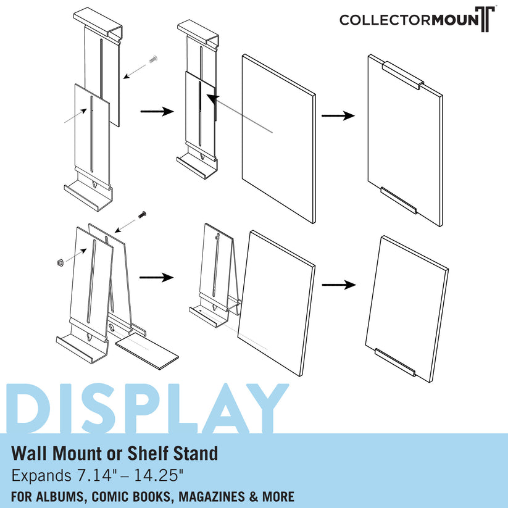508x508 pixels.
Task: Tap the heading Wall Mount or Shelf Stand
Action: pos(115,454)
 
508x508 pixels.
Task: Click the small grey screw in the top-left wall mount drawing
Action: pos(153,60)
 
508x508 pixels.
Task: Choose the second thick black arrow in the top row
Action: pos(339,115)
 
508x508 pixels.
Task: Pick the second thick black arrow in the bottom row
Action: pos(339,285)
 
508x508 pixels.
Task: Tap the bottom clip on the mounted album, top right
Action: pos(399,201)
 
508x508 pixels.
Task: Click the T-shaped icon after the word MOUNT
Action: pos(487,19)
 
